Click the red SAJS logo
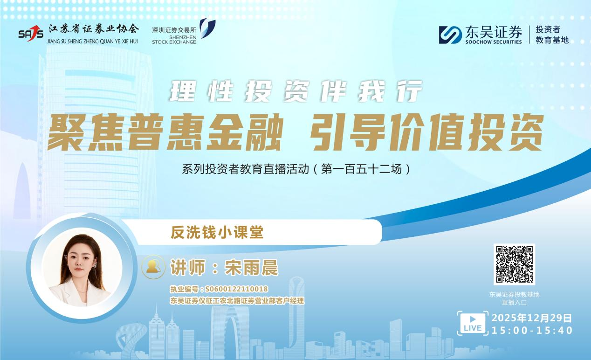click(31, 33)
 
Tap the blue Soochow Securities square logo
click(450, 35)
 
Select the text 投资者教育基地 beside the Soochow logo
click(552, 35)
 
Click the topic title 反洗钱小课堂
click(217, 232)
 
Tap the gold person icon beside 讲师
click(153, 266)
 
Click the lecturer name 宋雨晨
click(251, 268)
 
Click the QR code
click(514, 264)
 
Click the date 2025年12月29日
click(532, 318)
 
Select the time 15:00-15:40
click(532, 331)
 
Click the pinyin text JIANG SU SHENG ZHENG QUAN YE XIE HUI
click(93, 41)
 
